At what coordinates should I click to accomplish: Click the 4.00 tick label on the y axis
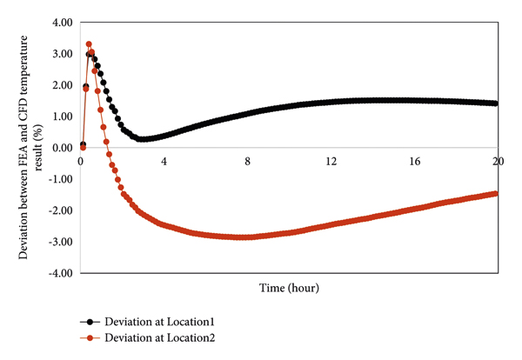59,23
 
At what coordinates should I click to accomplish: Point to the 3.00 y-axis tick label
59,54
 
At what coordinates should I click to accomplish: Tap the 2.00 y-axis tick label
59,85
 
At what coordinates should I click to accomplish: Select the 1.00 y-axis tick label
59,117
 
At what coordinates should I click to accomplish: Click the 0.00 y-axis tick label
59,148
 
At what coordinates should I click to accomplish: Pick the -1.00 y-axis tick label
57,179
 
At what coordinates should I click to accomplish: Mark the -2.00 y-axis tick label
57,210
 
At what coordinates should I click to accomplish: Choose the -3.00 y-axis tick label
57,242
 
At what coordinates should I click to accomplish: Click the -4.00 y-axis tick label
57,273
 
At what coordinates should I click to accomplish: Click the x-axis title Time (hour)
288,288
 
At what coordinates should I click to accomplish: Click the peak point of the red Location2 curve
89,44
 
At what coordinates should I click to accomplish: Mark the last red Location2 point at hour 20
496,193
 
